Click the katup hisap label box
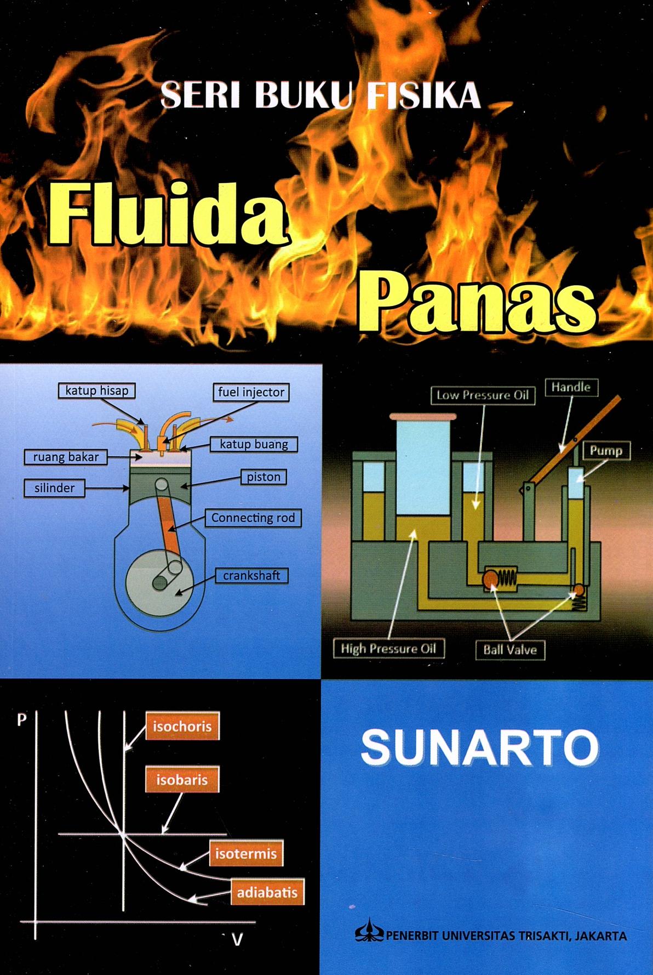(97, 390)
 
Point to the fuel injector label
(251, 392)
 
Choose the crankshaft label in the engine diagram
(251, 575)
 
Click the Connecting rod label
(253, 518)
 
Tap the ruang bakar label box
(66, 457)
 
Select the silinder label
(54, 487)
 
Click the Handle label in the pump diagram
(571, 387)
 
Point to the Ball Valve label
(510, 650)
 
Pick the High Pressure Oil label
(388, 649)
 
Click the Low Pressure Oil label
(483, 395)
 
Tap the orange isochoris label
(182, 727)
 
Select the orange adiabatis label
(267, 892)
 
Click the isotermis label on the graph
(246, 853)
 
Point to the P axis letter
(22, 719)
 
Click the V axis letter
(237, 940)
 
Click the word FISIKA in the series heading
(423, 96)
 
